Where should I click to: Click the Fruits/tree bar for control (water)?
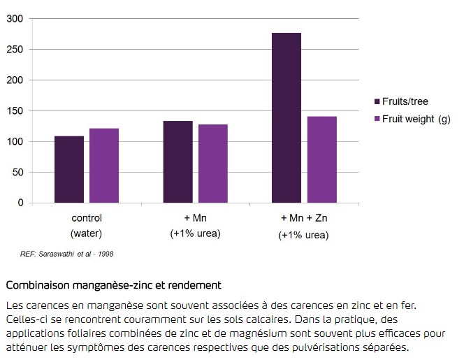pyautogui.click(x=69, y=170)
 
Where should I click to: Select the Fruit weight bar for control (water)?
pyautogui.click(x=104, y=166)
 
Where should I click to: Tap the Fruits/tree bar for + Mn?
pyautogui.click(x=178, y=162)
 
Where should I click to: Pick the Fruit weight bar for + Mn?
pyautogui.click(x=213, y=164)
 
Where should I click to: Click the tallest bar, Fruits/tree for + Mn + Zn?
pyautogui.click(x=287, y=118)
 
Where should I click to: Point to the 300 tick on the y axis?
pyautogui.click(x=15, y=19)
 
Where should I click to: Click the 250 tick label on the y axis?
pyautogui.click(x=15, y=50)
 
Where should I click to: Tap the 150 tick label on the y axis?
pyautogui.click(x=15, y=111)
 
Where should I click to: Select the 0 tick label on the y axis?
pyautogui.click(x=20, y=203)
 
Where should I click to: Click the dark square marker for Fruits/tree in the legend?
pyautogui.click(x=377, y=102)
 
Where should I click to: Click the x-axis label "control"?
pyautogui.click(x=87, y=218)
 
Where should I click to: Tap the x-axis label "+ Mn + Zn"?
pyautogui.click(x=304, y=219)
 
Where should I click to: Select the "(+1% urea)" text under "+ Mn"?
pyautogui.click(x=195, y=233)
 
